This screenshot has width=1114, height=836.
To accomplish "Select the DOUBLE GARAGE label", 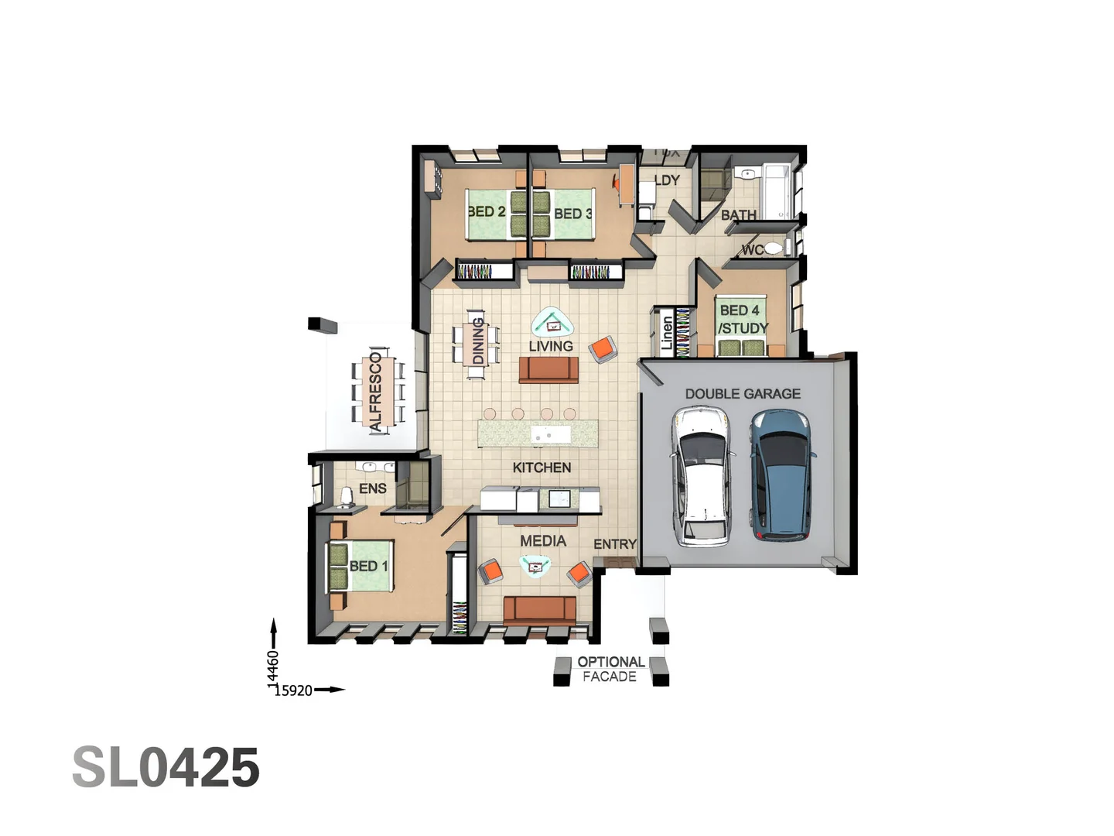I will (743, 393).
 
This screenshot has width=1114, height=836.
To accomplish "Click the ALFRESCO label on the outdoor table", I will (376, 391).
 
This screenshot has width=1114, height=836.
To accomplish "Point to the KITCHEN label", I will (542, 468).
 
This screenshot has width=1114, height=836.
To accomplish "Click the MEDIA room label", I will (543, 540).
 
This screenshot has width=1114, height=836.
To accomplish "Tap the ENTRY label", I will (615, 544).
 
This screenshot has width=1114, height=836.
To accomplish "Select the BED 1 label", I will (368, 566).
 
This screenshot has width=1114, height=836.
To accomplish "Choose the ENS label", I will (372, 488).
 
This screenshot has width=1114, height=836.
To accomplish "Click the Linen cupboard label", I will (667, 333).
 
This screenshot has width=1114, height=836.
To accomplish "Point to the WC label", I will (752, 249).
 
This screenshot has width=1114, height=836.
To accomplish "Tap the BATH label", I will (738, 215).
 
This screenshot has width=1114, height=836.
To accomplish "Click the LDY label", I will (667, 180).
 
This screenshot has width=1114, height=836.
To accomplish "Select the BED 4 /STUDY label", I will (743, 319).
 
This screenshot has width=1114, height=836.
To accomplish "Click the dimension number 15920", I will (293, 690).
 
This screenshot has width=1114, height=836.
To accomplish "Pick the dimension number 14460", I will (273, 667).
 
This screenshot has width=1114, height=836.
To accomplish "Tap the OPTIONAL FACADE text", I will (610, 669).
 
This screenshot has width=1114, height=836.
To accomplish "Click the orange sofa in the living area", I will (548, 369).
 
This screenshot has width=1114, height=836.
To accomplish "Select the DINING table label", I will (477, 341).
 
